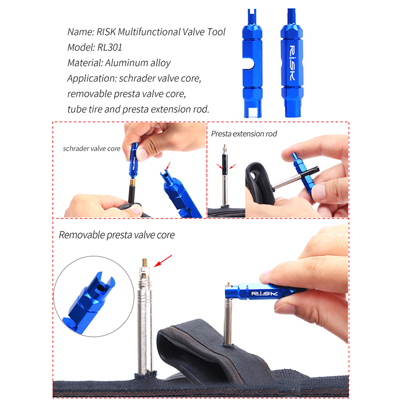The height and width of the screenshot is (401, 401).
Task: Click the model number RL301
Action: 110,47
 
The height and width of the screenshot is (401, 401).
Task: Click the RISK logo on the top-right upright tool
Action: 292,63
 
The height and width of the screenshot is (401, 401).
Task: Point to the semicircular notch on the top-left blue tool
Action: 249,64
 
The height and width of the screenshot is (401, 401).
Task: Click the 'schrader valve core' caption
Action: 92,148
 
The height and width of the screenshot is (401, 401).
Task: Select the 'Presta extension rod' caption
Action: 244,134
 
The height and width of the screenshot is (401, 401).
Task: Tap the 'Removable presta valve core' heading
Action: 117,235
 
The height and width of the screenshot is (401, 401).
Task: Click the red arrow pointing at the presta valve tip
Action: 163,261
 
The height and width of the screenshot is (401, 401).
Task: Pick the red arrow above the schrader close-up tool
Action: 168,166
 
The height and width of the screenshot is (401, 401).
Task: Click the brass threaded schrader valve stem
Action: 132,182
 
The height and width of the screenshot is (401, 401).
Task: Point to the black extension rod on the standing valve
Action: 224,164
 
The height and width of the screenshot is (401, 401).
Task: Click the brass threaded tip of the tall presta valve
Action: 145,263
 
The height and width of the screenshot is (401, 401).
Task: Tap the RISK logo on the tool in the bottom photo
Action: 265,293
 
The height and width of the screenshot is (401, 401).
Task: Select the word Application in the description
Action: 92,79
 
